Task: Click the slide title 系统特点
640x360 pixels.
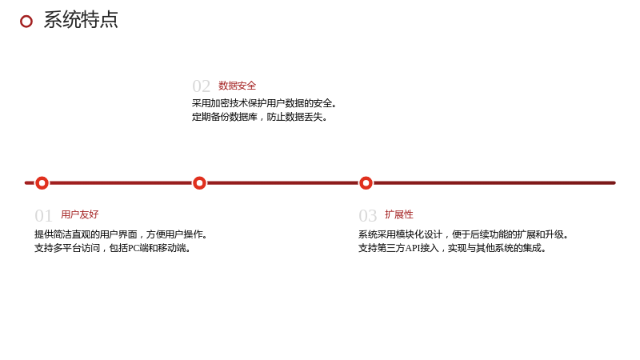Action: pyautogui.click(x=81, y=20)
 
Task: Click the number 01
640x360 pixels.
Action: pyautogui.click(x=43, y=216)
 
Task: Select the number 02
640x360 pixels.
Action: pyautogui.click(x=202, y=86)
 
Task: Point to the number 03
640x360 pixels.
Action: pyautogui.click(x=367, y=216)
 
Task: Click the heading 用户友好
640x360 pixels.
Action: pyautogui.click(x=79, y=214)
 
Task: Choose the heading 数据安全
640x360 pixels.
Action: pyautogui.click(x=237, y=86)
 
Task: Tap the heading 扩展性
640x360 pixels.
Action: pyautogui.click(x=398, y=214)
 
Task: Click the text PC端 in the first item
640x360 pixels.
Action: pyautogui.click(x=136, y=248)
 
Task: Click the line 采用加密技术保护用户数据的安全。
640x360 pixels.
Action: pyautogui.click(x=264, y=103)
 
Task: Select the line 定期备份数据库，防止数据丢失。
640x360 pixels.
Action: pyautogui.click(x=259, y=117)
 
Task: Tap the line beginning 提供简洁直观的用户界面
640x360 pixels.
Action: pyautogui.click(x=122, y=234)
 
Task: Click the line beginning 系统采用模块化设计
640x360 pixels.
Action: pyautogui.click(x=463, y=234)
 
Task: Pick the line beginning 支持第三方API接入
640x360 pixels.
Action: pyautogui.click(x=452, y=248)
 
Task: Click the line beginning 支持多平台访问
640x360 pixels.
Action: pyautogui.click(x=112, y=248)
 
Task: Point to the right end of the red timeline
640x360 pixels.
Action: pyautogui.click(x=614, y=183)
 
